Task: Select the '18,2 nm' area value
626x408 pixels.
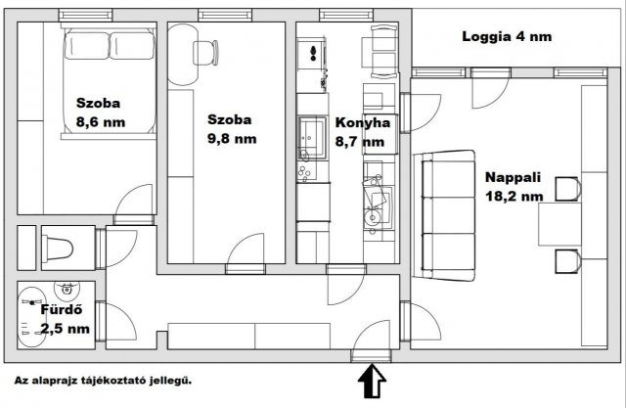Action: [514, 196]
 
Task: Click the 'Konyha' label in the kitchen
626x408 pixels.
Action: [363, 123]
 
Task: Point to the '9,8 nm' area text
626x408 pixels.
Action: [231, 139]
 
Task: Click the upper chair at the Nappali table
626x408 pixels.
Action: [566, 188]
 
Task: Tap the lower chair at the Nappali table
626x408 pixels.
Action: [566, 259]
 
